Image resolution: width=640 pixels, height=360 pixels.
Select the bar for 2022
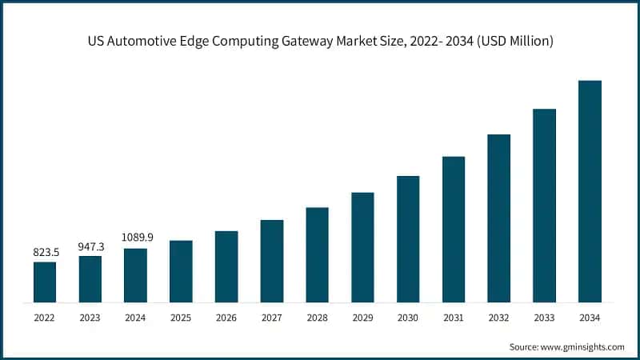click(x=45, y=282)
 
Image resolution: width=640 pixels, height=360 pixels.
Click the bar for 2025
click(x=181, y=271)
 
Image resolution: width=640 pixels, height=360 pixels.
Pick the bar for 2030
click(x=408, y=239)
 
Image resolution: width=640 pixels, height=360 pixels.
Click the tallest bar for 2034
click(x=590, y=191)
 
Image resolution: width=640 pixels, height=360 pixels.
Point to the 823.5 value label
click(x=45, y=252)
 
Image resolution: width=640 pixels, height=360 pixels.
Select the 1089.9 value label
click(x=136, y=238)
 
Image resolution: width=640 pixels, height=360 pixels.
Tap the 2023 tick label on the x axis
click(x=90, y=318)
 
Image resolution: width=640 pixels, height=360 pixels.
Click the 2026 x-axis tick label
click(x=226, y=318)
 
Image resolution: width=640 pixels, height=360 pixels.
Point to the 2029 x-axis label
click(x=362, y=318)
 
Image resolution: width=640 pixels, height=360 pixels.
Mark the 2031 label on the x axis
click(x=453, y=318)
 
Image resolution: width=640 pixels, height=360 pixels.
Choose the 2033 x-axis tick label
click(x=544, y=318)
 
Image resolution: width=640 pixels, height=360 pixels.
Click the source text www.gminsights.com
click(x=583, y=346)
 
